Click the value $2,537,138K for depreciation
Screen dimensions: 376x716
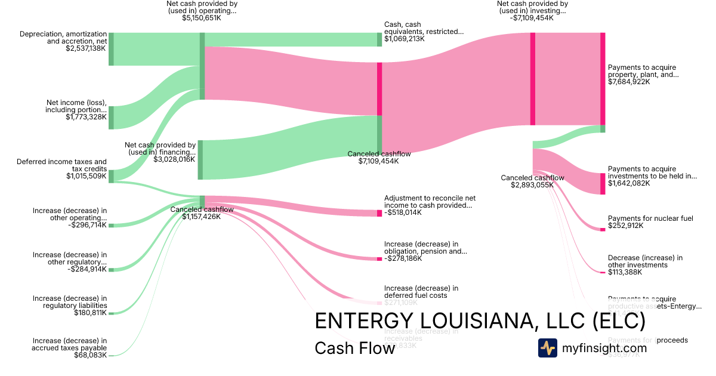(x=86, y=48)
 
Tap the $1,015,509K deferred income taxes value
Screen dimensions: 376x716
(x=87, y=176)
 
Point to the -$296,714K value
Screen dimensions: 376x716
(x=87, y=225)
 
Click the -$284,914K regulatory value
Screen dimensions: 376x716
(x=87, y=269)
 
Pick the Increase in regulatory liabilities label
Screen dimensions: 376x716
(x=70, y=302)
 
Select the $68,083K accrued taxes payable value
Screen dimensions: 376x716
(x=90, y=355)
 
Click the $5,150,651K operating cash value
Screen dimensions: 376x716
(x=202, y=19)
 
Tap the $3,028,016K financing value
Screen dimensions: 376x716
(x=174, y=159)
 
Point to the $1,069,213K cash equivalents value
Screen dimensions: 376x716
(x=405, y=39)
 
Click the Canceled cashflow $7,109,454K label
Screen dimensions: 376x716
(x=379, y=158)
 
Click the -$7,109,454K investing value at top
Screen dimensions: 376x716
(x=532, y=19)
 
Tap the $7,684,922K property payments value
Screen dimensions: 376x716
(x=629, y=82)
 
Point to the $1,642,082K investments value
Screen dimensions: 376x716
(x=629, y=183)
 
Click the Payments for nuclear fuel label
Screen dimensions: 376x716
(x=650, y=219)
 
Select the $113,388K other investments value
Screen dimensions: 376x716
(x=625, y=272)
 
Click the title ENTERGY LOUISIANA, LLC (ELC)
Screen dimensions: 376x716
(x=480, y=321)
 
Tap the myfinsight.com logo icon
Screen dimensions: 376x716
(x=547, y=348)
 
